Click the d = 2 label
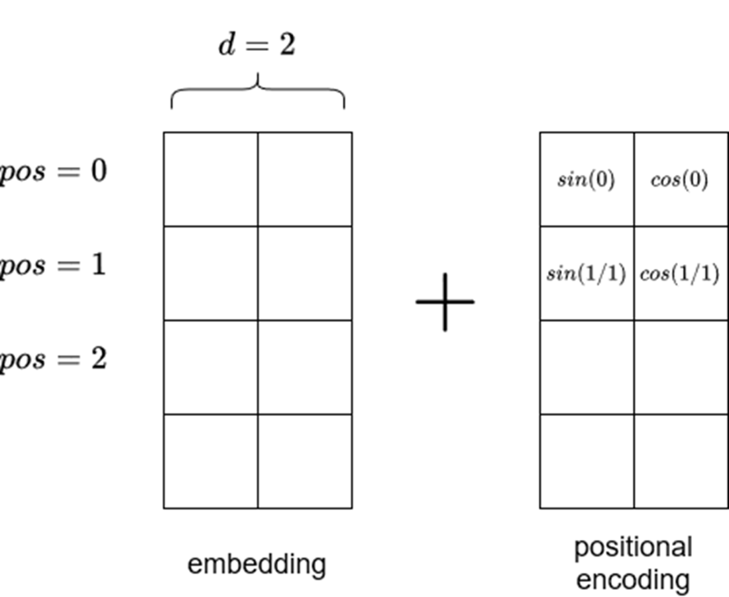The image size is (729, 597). [257, 45]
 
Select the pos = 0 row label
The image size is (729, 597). [53, 172]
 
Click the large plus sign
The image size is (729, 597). [445, 301]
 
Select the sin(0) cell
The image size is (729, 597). [587, 180]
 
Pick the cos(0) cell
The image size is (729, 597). [680, 180]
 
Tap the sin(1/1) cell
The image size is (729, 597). [587, 274]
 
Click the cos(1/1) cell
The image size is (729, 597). [680, 274]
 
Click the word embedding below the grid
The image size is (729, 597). [257, 565]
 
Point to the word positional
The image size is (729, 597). [633, 548]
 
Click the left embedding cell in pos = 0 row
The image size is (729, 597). [211, 180]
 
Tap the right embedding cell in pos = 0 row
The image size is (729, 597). [305, 180]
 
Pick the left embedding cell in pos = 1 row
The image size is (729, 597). [211, 274]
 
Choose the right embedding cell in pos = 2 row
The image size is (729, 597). [305, 368]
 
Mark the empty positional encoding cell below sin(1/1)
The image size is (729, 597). [587, 368]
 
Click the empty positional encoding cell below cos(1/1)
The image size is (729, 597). [680, 368]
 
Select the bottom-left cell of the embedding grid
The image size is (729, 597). [211, 461]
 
